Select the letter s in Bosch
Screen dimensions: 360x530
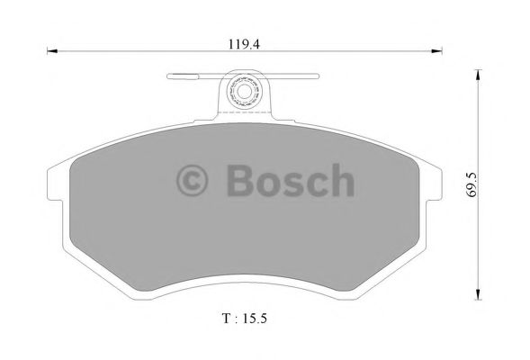point(292,184)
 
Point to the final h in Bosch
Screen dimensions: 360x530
point(341,180)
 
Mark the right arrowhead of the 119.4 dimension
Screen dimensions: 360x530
point(441,51)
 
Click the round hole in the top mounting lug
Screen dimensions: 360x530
point(244,91)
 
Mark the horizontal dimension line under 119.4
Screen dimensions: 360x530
point(135,51)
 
